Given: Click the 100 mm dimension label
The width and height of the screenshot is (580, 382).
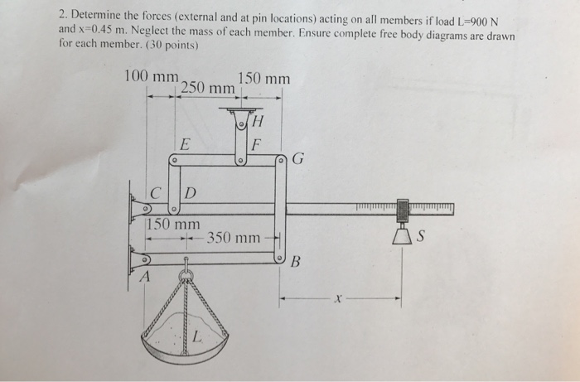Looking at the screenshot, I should tap(151, 77).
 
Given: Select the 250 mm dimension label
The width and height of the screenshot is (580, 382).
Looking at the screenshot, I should tap(207, 87).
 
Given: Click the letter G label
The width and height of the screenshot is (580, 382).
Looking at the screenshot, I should tap(297, 160).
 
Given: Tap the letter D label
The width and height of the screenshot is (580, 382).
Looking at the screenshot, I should tap(190, 194).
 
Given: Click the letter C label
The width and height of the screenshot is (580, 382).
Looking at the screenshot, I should tap(156, 194).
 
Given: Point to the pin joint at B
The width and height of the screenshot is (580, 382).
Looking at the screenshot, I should tap(280, 259).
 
